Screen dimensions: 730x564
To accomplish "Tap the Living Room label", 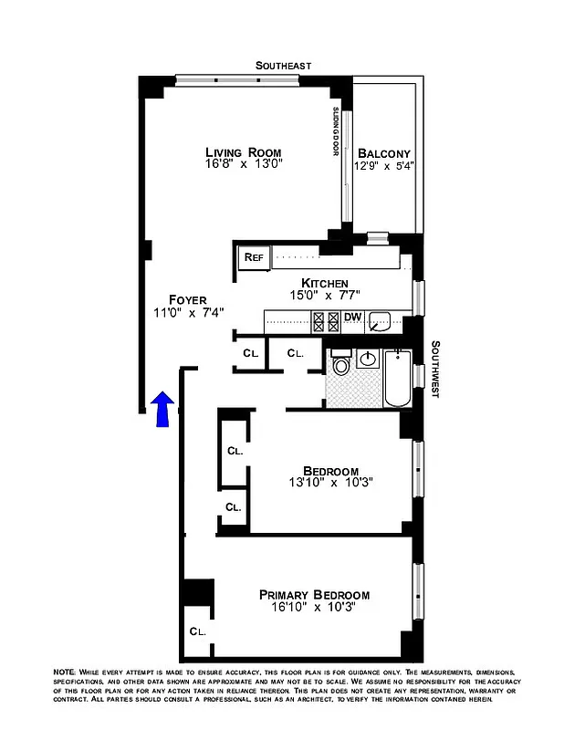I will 243,152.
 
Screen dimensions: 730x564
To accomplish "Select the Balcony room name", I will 384,153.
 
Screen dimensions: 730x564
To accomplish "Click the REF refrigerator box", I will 253,257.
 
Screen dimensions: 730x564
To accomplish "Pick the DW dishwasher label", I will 352,318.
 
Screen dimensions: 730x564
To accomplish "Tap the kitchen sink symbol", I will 385,320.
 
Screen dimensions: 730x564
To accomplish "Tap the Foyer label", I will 188,299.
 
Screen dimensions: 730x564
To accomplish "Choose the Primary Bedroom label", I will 313,594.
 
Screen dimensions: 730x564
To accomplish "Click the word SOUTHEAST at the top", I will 283,66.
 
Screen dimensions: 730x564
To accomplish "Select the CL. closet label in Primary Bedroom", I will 198,631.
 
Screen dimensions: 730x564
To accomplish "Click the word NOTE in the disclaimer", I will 66,672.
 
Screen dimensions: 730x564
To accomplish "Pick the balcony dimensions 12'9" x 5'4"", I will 384,166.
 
